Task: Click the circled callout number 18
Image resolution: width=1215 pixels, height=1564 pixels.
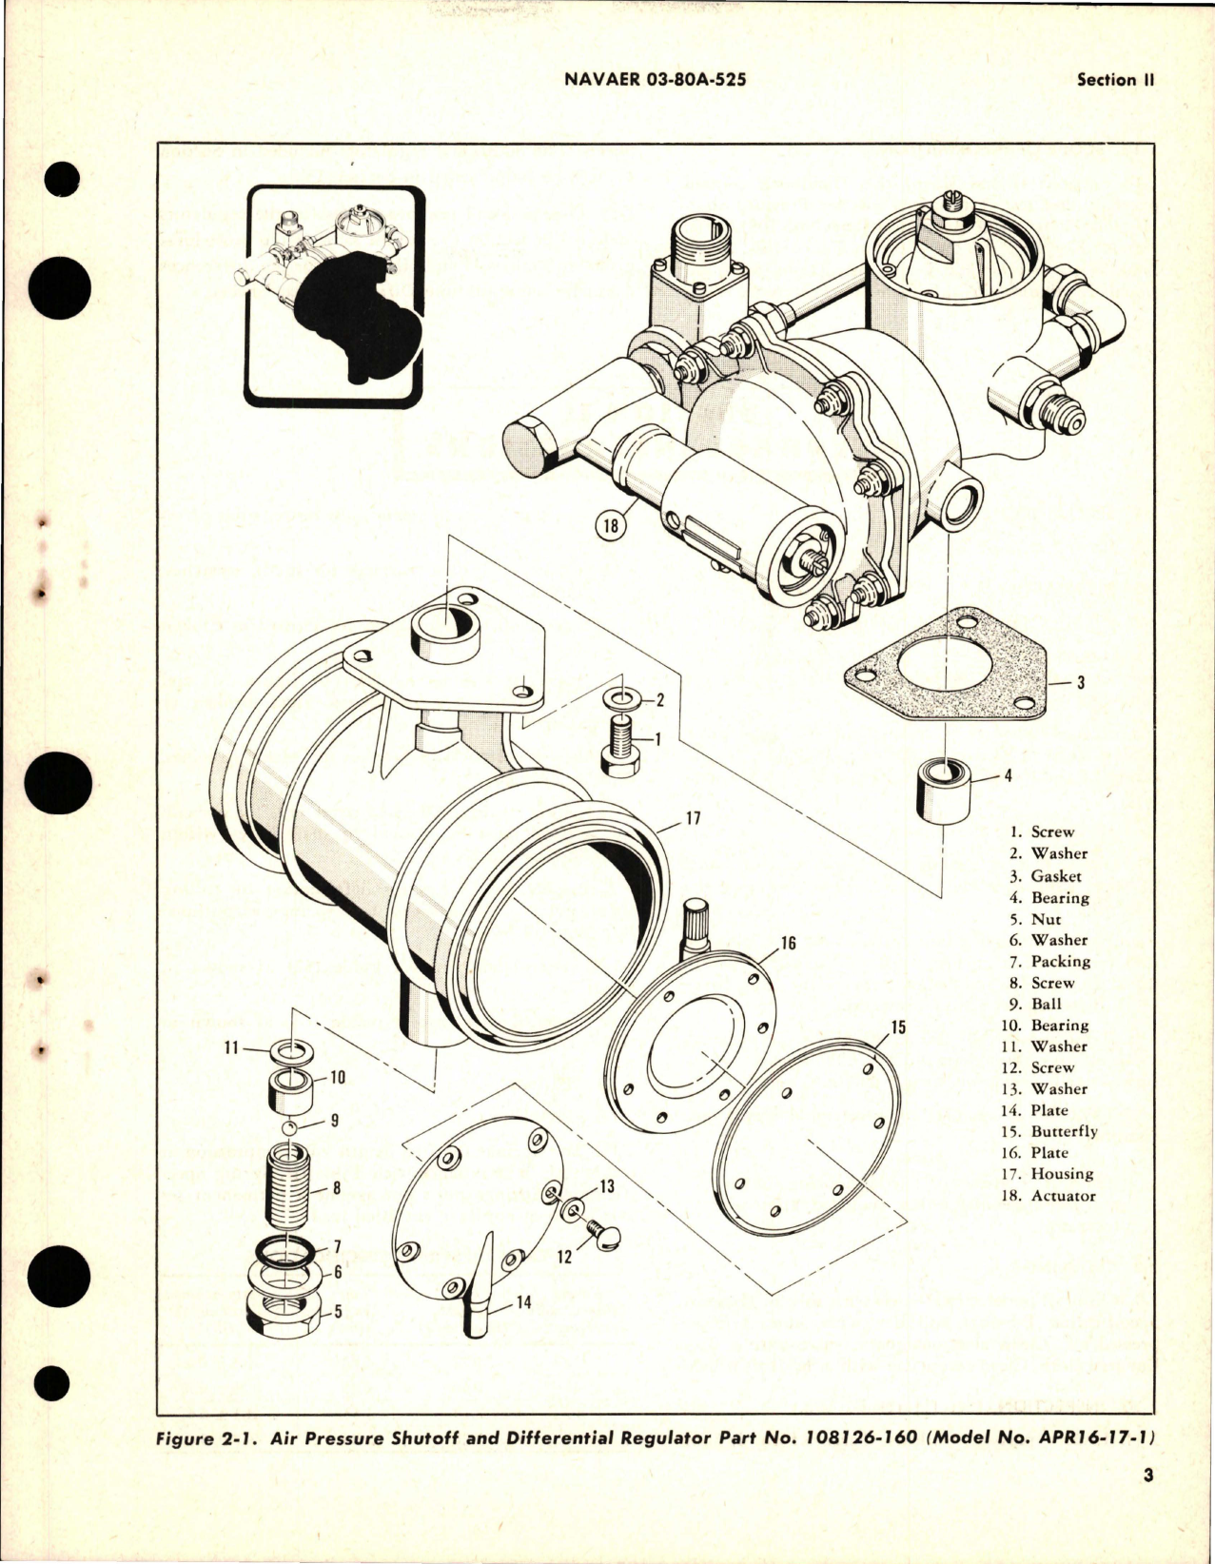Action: pos(612,526)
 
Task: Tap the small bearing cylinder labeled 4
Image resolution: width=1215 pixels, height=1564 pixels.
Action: pos(943,789)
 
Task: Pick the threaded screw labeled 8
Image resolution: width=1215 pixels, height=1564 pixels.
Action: pos(293,1184)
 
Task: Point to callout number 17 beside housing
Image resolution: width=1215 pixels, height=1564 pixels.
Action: pos(693,818)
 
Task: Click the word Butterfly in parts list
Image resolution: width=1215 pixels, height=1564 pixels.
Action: pos(1064,1132)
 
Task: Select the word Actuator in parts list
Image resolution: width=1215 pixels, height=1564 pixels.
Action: pos(1063,1196)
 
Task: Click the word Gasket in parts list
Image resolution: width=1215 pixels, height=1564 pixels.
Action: pos(1056,876)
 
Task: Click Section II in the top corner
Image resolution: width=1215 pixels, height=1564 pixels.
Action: pos(1114,81)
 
